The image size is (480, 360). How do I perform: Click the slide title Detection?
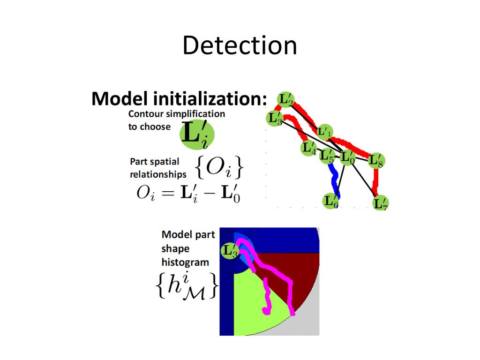[x=240, y=46]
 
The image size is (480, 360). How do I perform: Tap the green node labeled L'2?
[x=285, y=100]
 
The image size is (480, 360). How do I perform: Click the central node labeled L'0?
[x=347, y=158]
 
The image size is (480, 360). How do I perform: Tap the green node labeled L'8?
[x=376, y=161]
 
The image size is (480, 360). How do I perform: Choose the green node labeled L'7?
[x=380, y=203]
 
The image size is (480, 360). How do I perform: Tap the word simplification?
[x=197, y=114]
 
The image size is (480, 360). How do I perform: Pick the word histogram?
[x=185, y=262]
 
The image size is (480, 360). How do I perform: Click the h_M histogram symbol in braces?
[x=186, y=286]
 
